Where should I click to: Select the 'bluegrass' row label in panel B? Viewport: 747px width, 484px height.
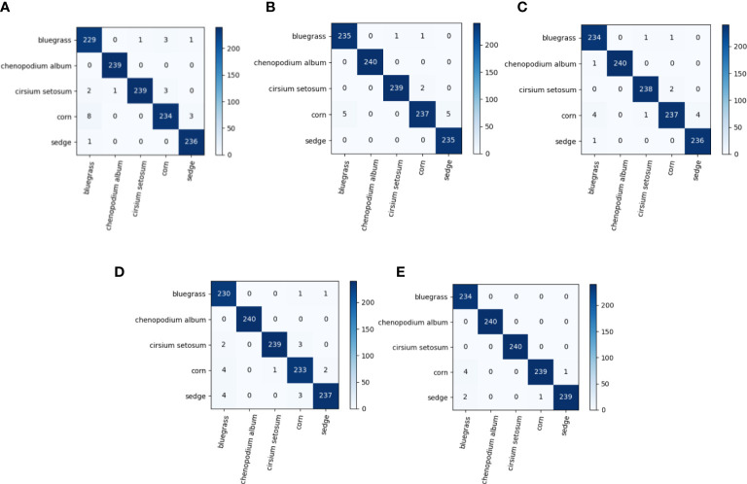(x=324, y=37)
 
